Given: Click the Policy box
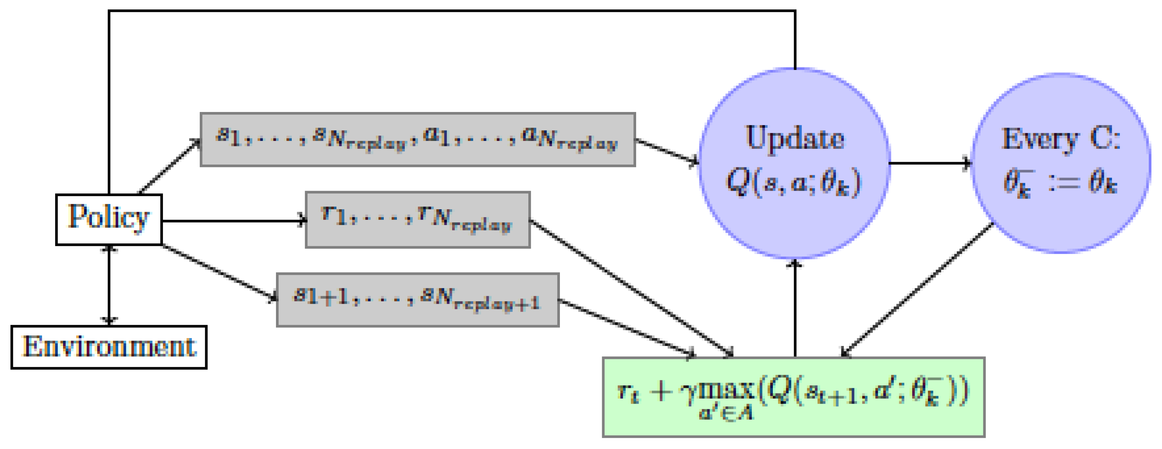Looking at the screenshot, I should pos(109,220).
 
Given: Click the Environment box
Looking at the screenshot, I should pos(109,347).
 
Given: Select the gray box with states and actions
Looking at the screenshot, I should pos(418,140).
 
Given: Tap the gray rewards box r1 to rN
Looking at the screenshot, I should pos(418,220).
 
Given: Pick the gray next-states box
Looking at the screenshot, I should pos(418,299).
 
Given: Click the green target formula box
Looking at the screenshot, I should pos(794,397).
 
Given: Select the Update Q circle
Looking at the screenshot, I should pos(794,163).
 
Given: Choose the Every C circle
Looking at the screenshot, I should pos(1061,163).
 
